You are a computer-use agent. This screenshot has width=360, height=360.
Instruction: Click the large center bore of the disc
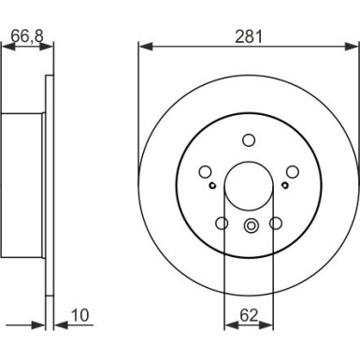point(250,181)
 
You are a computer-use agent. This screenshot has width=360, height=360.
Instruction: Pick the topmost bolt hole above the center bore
point(250,140)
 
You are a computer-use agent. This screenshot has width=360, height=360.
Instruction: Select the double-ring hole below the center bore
point(250,224)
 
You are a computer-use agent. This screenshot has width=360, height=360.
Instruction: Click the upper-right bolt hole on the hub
point(291,170)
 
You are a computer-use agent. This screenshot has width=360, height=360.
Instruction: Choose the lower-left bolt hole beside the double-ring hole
point(223,223)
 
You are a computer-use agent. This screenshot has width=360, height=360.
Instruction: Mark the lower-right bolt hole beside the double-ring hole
point(276,223)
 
